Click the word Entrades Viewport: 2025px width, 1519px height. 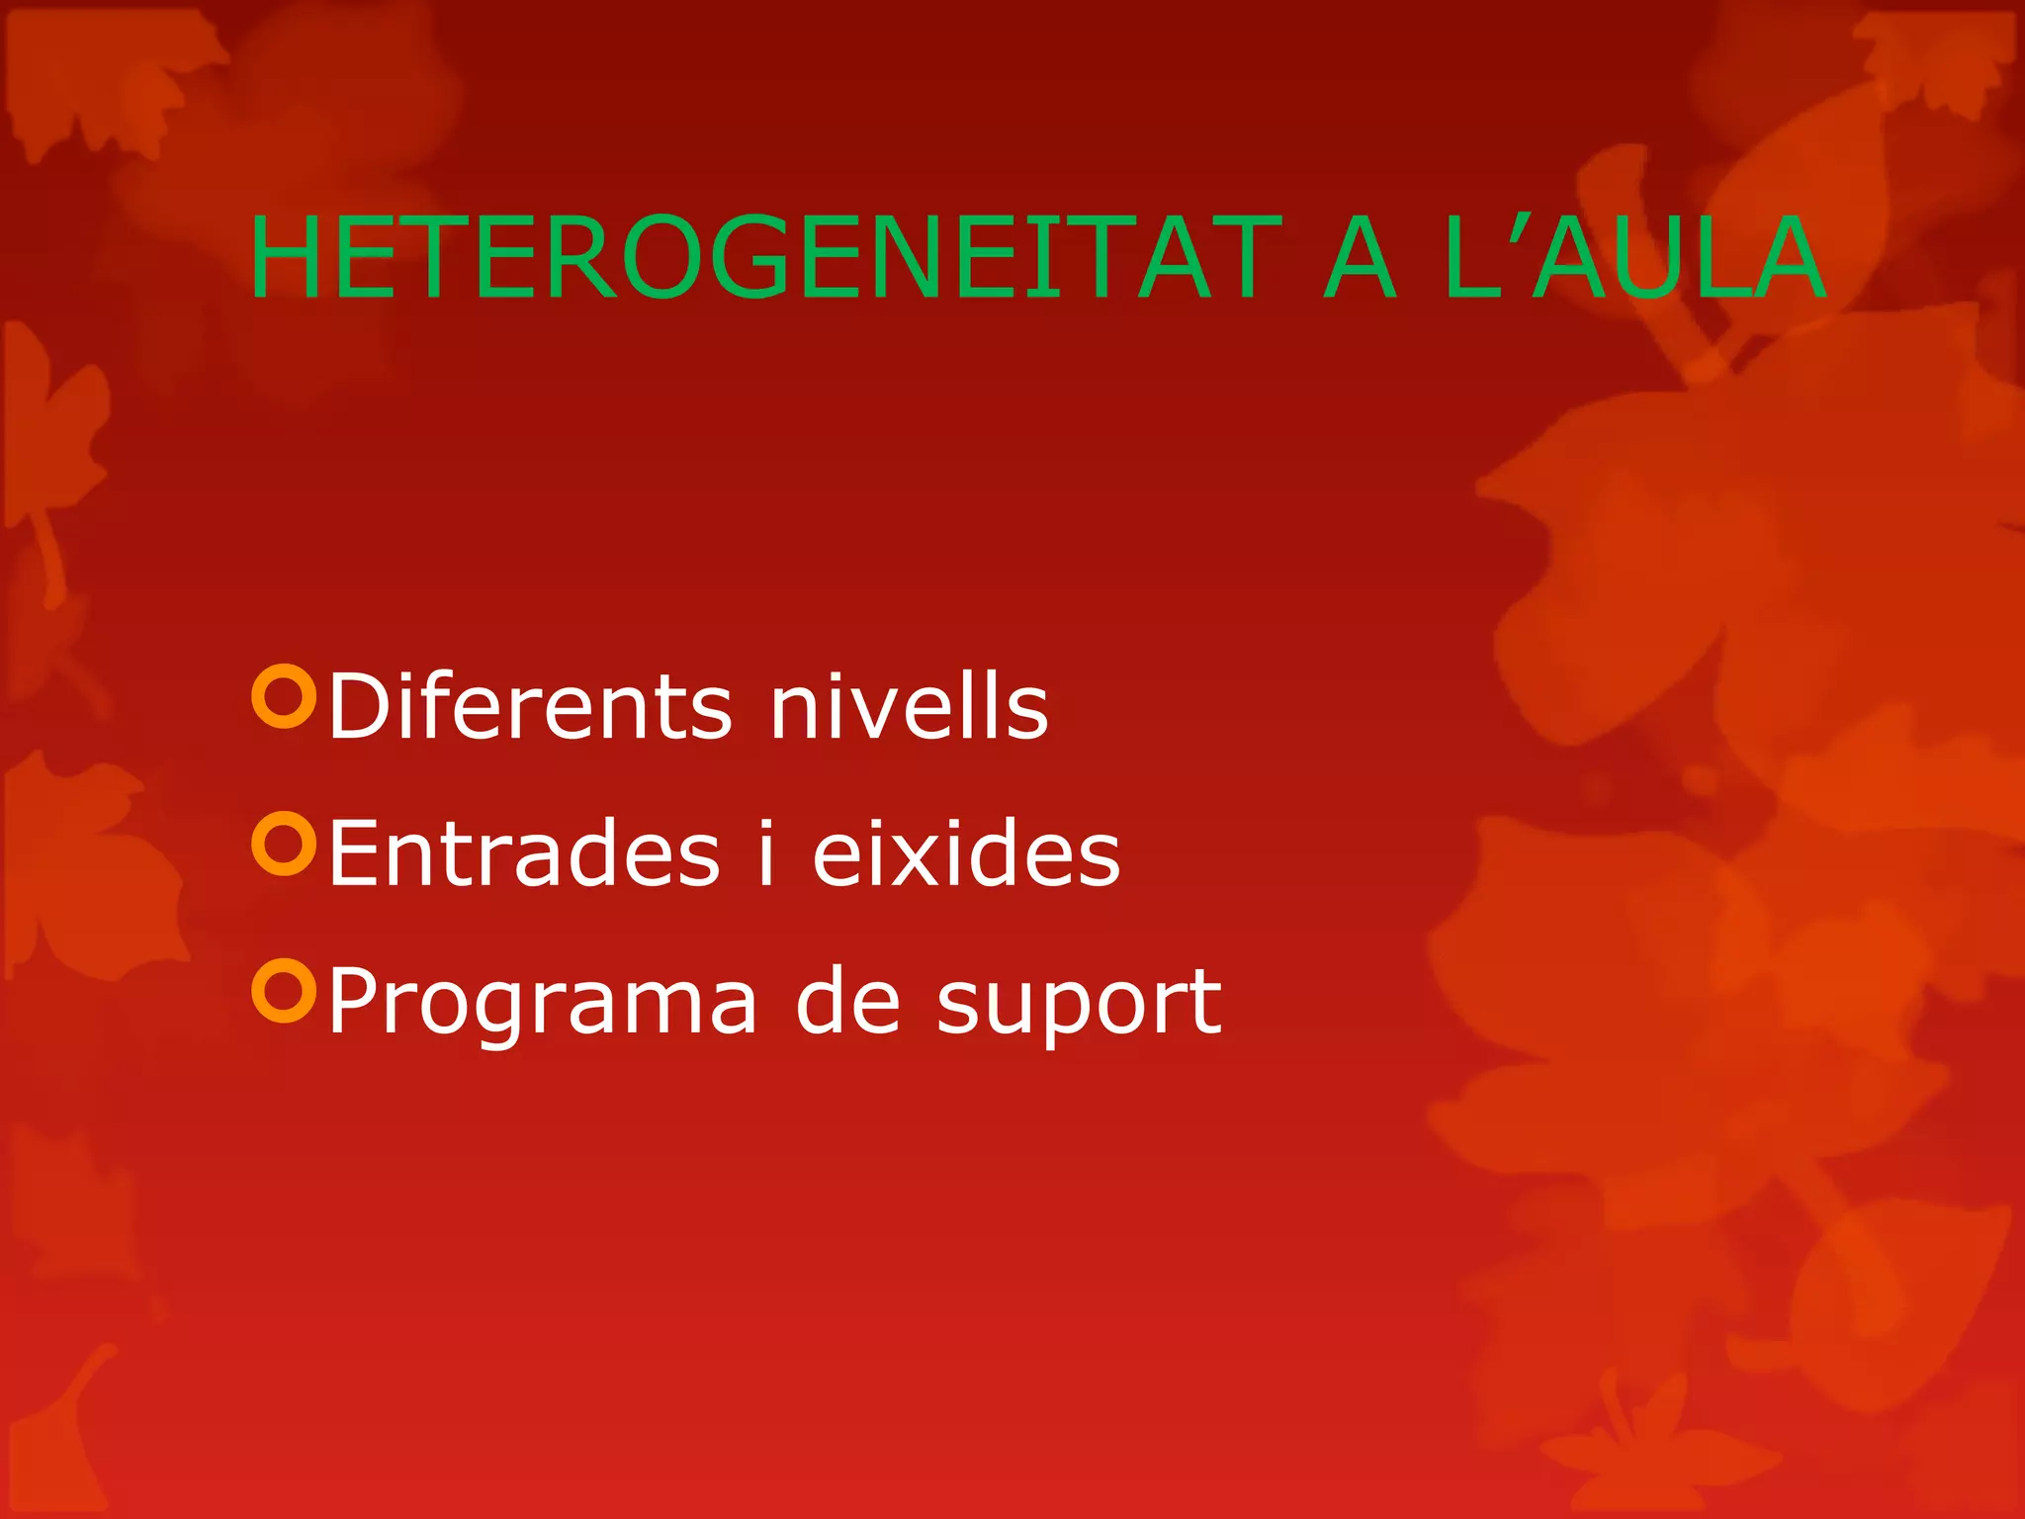tap(524, 852)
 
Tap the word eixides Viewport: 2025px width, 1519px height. tap(966, 852)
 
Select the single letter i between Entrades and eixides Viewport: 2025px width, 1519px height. tap(765, 852)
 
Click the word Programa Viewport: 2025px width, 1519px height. tap(543, 1003)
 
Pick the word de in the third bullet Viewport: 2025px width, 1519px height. tap(848, 1001)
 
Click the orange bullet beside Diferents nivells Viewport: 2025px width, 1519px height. tap(284, 696)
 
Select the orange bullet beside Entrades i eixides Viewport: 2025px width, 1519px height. tap(284, 844)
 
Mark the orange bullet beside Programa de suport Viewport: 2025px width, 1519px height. tap(284, 990)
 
